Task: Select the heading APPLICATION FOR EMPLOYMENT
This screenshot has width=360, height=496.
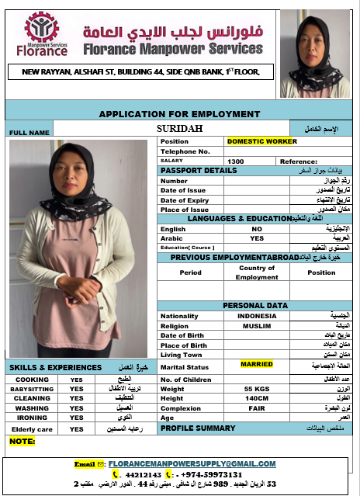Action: coord(179,113)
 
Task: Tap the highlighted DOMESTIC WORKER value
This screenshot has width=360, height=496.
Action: coord(261,141)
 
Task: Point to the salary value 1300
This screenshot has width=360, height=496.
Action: coord(236,161)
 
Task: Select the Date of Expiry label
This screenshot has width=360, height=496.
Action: coord(183,200)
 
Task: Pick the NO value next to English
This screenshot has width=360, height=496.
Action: coord(257,229)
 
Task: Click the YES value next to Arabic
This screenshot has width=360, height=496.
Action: coord(257,238)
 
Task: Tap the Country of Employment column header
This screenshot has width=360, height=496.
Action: coord(257,272)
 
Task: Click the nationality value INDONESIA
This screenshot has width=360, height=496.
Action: coord(257,316)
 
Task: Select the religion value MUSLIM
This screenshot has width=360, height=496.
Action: coord(257,326)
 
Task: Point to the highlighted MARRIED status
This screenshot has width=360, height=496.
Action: coord(257,364)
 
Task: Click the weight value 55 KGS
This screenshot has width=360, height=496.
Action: coord(257,387)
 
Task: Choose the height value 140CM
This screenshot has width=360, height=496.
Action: coord(257,397)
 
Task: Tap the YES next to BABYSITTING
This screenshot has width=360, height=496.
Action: coord(76,388)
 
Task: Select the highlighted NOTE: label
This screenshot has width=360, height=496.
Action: coord(22,441)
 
